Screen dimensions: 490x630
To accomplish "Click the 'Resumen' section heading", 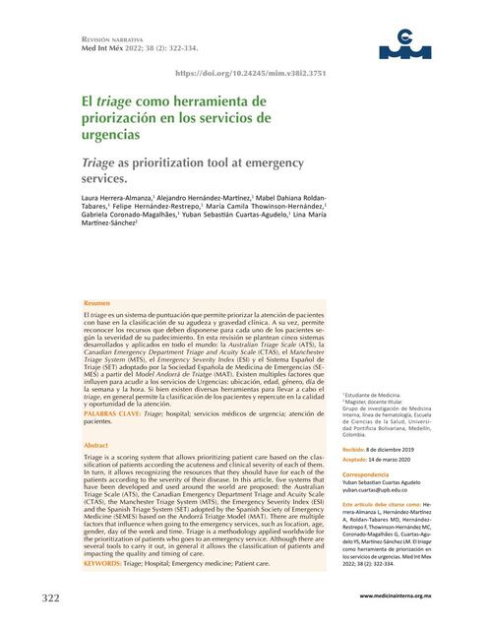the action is [97, 302].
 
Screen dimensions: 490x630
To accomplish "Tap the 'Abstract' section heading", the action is [97, 446].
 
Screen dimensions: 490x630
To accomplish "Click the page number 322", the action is [51, 598].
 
